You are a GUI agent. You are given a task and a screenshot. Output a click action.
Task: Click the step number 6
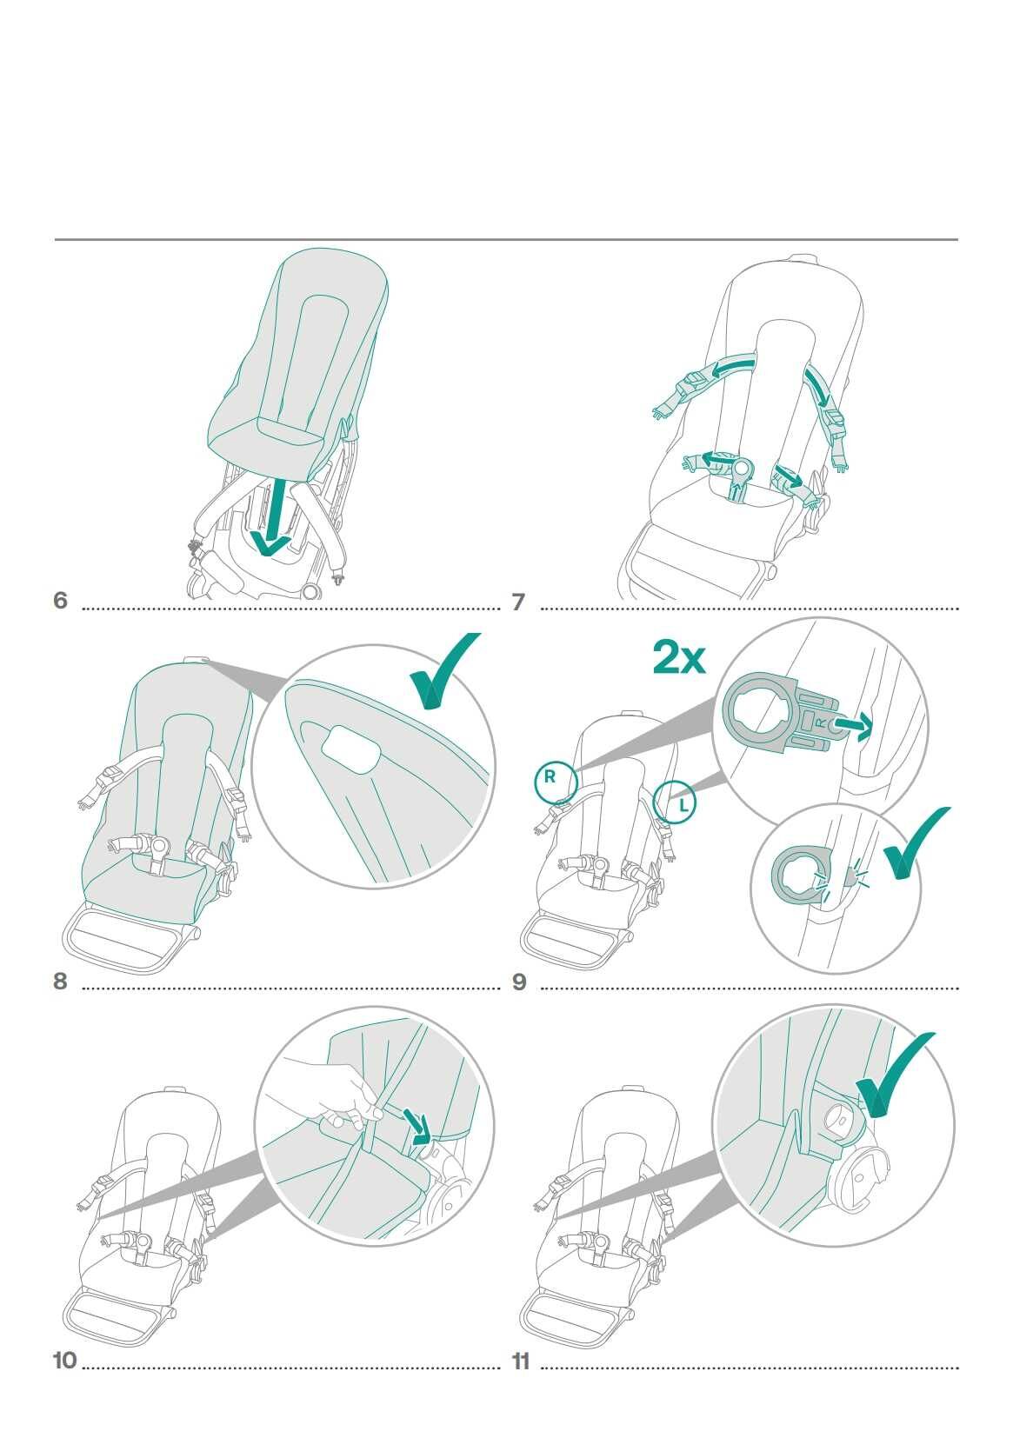[x=60, y=600]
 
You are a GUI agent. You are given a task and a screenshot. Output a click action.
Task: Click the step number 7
[x=518, y=602]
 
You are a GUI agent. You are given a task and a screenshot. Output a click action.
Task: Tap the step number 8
[x=60, y=981]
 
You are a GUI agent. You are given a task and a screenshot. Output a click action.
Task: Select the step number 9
[x=519, y=982]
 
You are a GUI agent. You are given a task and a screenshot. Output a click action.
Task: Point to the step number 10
[x=65, y=1361]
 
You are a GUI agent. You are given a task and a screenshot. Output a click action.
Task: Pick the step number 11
[x=521, y=1361]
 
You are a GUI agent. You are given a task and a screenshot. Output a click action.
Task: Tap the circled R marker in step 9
[x=556, y=782]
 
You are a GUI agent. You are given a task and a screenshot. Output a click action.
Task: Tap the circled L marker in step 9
[x=675, y=802]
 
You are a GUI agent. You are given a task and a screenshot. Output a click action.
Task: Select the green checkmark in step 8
[x=442, y=669]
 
